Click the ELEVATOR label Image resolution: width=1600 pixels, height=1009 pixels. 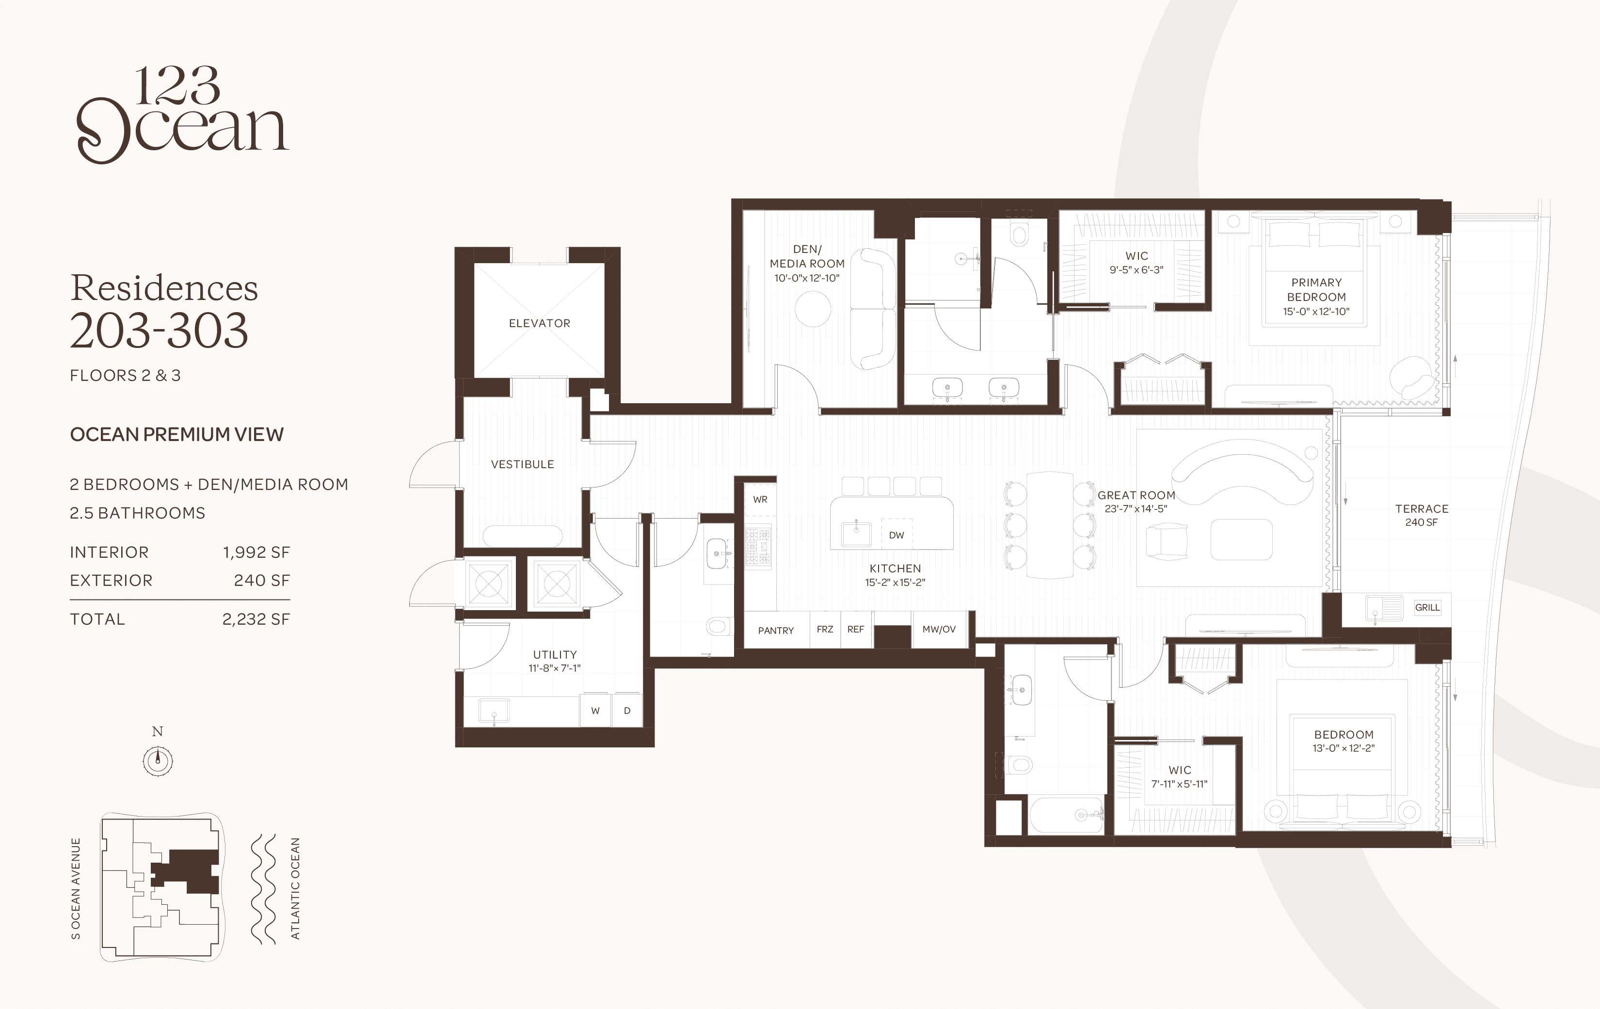click(540, 324)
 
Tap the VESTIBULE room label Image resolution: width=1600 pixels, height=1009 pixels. click(522, 464)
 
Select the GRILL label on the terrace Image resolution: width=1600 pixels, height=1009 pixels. click(1427, 607)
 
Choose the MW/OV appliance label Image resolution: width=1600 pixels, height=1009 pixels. click(939, 629)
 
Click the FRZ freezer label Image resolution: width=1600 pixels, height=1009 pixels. click(825, 629)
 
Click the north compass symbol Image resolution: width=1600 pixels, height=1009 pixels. click(158, 760)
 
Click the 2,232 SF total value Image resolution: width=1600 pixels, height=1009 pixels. click(256, 619)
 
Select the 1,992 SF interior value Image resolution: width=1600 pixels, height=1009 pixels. click(256, 552)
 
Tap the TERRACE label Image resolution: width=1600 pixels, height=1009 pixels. click(1422, 509)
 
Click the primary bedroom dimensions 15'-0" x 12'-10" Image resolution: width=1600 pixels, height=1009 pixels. click(1316, 312)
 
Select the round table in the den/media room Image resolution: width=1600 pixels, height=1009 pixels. click(813, 309)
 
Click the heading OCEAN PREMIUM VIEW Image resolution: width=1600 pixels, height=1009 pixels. click(177, 434)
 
